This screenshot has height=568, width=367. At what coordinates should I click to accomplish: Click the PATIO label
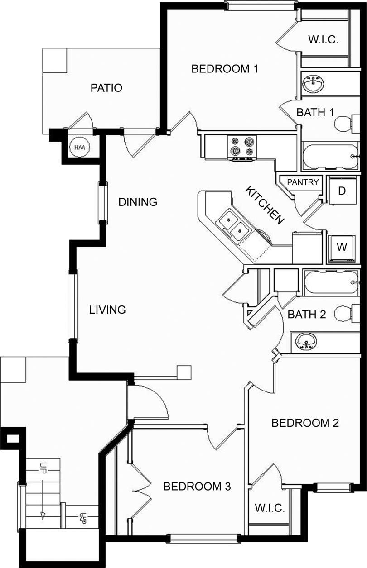[106, 88]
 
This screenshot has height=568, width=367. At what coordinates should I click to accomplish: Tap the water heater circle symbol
[80, 148]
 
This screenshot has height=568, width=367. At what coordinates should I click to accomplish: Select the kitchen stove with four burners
[243, 148]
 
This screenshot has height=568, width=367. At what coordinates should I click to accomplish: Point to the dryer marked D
[342, 191]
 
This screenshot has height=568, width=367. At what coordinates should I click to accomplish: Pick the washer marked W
[342, 248]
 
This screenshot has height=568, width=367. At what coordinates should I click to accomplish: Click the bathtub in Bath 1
[330, 156]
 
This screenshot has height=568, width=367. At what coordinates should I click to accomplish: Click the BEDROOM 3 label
[197, 487]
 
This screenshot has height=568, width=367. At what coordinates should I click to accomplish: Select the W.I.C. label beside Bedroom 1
[323, 39]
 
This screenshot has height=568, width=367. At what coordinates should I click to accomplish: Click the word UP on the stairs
[43, 468]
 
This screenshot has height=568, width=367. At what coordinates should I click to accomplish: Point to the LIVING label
[107, 310]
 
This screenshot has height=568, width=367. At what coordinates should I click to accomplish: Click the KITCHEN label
[265, 205]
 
